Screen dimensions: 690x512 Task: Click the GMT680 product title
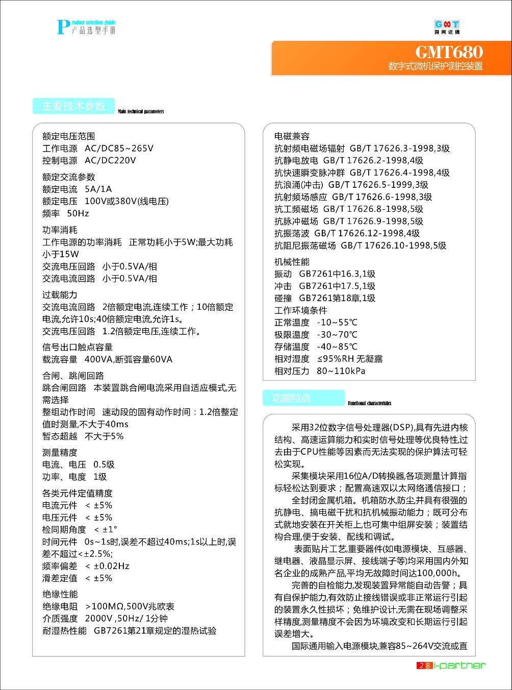click(449, 52)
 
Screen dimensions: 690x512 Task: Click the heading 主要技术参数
click(73, 106)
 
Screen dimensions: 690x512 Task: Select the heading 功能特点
click(292, 398)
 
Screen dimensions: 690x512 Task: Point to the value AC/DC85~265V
click(119, 149)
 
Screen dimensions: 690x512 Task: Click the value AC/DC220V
click(110, 160)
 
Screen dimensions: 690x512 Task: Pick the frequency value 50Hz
click(78, 213)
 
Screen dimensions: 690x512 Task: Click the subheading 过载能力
click(60, 294)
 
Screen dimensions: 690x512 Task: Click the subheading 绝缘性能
click(60, 594)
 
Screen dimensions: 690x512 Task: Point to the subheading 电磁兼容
click(292, 136)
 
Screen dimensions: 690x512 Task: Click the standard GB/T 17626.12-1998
click(359, 233)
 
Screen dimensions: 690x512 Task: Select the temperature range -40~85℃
click(337, 347)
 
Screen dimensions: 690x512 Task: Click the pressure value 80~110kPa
click(341, 371)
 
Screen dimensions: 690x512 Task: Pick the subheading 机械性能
click(292, 262)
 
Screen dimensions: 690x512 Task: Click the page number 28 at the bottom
click(424, 665)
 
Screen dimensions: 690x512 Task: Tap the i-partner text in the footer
click(460, 665)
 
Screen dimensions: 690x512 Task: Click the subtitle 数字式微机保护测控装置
click(435, 66)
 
